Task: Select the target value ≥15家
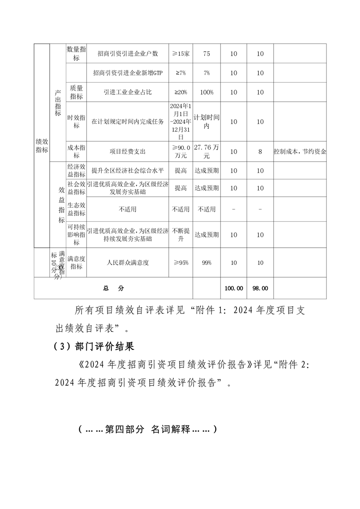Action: (181, 54)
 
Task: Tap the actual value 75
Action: (207, 54)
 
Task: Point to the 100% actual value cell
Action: (207, 92)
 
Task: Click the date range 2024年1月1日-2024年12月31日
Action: (181, 121)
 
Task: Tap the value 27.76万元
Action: (207, 152)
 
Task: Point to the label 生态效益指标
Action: (76, 209)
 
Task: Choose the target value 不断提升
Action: (181, 235)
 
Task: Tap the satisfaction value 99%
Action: (207, 263)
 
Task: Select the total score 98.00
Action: (260, 288)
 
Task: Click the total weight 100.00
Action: (233, 288)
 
